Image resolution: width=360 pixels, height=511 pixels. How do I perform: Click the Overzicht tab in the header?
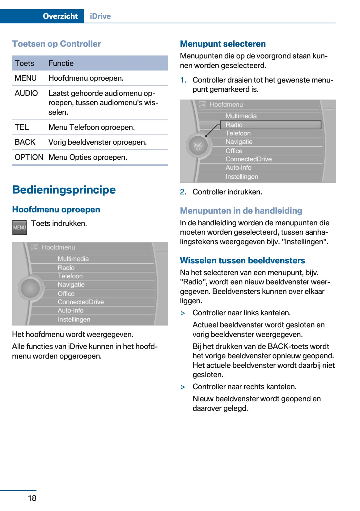tap(60, 16)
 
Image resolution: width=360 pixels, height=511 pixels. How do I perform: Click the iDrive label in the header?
tap(100, 16)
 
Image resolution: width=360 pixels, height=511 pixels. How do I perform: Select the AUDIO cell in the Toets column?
tap(26, 93)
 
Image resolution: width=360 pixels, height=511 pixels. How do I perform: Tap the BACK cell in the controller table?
tap(25, 142)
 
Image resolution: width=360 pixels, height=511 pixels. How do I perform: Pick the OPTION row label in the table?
tap(29, 157)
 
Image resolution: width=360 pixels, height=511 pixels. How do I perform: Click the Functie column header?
tap(61, 63)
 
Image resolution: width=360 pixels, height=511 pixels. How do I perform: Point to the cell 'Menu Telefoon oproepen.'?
tap(91, 127)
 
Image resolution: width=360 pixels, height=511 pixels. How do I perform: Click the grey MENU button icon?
tap(19, 228)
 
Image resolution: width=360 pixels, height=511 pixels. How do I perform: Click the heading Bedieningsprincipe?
tap(64, 190)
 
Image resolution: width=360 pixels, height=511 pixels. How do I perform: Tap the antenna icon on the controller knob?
tap(198, 146)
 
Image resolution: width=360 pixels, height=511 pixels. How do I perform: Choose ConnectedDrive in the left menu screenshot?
tap(81, 302)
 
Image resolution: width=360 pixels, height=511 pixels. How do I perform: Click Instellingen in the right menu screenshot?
tap(242, 177)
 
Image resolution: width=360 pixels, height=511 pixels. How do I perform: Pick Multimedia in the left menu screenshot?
tap(73, 259)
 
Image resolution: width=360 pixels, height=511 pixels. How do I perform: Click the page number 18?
tap(32, 498)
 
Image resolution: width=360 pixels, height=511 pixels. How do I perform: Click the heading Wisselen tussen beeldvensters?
tap(242, 261)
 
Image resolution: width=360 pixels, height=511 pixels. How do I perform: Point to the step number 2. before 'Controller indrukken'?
tap(183, 192)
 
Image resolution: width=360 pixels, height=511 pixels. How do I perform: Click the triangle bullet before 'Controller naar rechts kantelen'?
tap(183, 387)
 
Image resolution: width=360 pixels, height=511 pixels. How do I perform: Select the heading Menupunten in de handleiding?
tap(241, 211)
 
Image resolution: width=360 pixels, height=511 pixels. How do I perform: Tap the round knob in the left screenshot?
tap(30, 288)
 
